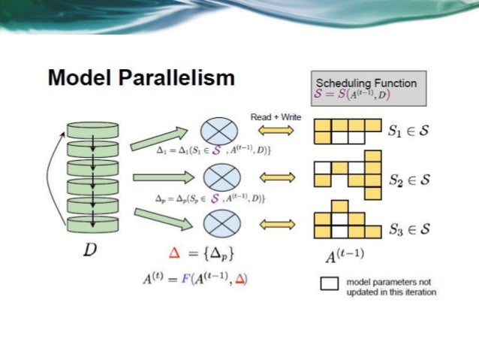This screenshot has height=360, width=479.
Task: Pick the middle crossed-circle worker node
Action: coord(217,177)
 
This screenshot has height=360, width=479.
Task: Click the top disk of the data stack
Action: coord(92,129)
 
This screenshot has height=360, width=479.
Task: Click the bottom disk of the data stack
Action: coord(92,224)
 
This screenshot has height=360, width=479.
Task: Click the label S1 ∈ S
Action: coord(409,132)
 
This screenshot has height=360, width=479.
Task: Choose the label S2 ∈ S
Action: coord(409,180)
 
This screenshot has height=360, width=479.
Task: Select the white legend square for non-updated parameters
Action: coord(329,284)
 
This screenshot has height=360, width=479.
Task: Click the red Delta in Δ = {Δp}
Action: coord(174,253)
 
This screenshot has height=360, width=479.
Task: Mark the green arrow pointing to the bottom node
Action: coord(158,218)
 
